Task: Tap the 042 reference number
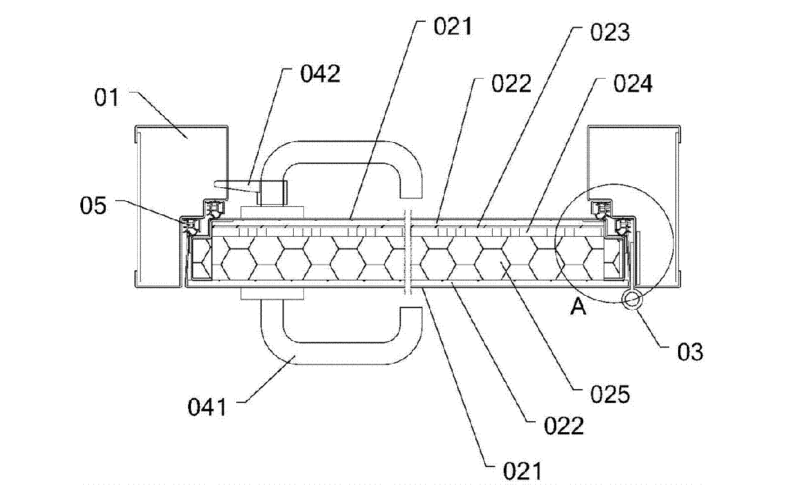(320, 74)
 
